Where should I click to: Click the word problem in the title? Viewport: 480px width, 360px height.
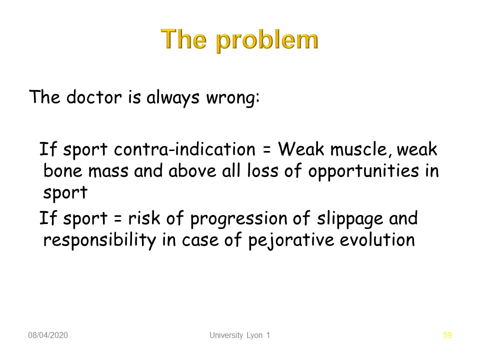267,40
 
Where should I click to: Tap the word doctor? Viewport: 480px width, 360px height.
94,97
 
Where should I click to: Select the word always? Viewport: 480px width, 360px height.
173,98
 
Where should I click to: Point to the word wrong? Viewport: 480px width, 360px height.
232,98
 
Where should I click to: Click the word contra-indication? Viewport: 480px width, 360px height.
184,149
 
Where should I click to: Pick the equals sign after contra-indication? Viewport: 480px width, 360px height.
266,150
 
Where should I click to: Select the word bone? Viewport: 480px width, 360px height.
63,170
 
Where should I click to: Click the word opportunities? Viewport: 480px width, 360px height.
363,171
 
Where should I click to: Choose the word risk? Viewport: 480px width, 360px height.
144,218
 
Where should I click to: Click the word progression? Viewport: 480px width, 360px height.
239,219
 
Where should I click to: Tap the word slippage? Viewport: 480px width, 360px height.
350,219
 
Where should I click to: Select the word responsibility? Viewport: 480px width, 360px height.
100,240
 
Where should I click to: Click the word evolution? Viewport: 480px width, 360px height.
377,240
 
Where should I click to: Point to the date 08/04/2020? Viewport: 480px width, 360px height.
48,335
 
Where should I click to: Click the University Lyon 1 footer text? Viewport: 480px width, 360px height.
239,335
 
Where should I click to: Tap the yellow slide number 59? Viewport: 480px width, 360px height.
447,335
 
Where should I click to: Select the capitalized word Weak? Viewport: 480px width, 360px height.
301,149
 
